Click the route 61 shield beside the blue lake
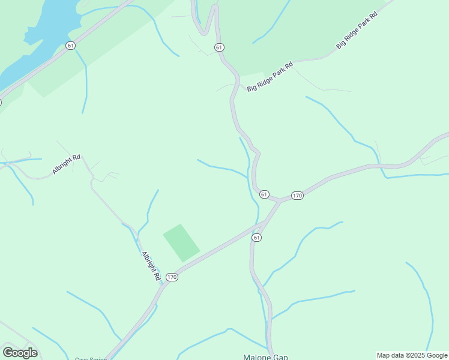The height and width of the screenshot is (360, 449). (x=71, y=46)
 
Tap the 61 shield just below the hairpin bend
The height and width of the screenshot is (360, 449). (x=218, y=47)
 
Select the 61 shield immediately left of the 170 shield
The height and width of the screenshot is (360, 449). (x=264, y=194)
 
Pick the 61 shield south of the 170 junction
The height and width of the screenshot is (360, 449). (x=257, y=238)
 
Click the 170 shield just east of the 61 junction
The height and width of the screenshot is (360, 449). (x=297, y=196)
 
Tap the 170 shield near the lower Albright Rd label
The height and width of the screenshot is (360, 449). (x=172, y=277)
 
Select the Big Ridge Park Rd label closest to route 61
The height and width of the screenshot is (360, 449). (x=270, y=77)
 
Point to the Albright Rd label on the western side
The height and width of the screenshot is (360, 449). (x=66, y=164)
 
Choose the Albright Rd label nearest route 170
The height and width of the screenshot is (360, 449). (x=151, y=266)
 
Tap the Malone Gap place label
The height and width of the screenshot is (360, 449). (x=265, y=356)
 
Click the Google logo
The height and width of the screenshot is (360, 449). (x=20, y=352)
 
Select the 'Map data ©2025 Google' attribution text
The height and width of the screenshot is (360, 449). (x=412, y=355)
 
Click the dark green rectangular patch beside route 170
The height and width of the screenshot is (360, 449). (x=181, y=242)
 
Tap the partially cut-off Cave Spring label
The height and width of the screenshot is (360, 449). (x=91, y=358)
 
